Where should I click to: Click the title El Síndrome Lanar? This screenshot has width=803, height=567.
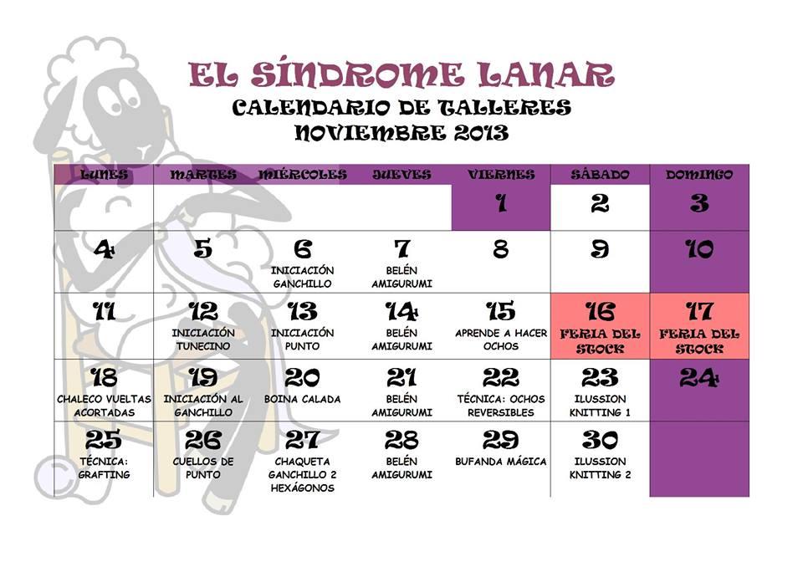click(401, 74)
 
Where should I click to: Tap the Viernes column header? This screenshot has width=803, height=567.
click(501, 175)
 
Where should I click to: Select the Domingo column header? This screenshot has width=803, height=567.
click(699, 175)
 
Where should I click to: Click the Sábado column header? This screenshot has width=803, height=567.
click(600, 175)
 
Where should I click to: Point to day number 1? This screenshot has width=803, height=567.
click(501, 203)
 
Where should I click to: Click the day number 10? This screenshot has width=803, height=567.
click(699, 249)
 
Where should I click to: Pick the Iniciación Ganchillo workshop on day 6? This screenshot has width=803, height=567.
click(303, 277)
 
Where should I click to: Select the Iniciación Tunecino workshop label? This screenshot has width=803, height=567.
click(203, 339)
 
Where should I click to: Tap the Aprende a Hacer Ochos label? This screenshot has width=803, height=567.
click(501, 339)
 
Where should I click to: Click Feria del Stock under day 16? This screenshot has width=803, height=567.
click(600, 340)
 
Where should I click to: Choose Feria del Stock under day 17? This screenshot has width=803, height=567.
click(699, 340)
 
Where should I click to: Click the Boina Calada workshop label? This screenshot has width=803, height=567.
click(303, 399)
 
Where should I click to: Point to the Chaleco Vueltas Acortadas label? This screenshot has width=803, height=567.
click(104, 406)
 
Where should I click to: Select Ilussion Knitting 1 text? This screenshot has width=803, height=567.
click(600, 406)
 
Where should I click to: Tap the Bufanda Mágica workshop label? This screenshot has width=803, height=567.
click(501, 461)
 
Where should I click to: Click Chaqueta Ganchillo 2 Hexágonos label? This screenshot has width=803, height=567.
click(303, 474)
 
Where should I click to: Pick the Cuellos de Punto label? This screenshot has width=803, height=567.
click(203, 467)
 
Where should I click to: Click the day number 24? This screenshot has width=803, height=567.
click(699, 378)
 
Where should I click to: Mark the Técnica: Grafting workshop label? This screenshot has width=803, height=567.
click(104, 467)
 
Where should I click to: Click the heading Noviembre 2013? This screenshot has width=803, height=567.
click(401, 132)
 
